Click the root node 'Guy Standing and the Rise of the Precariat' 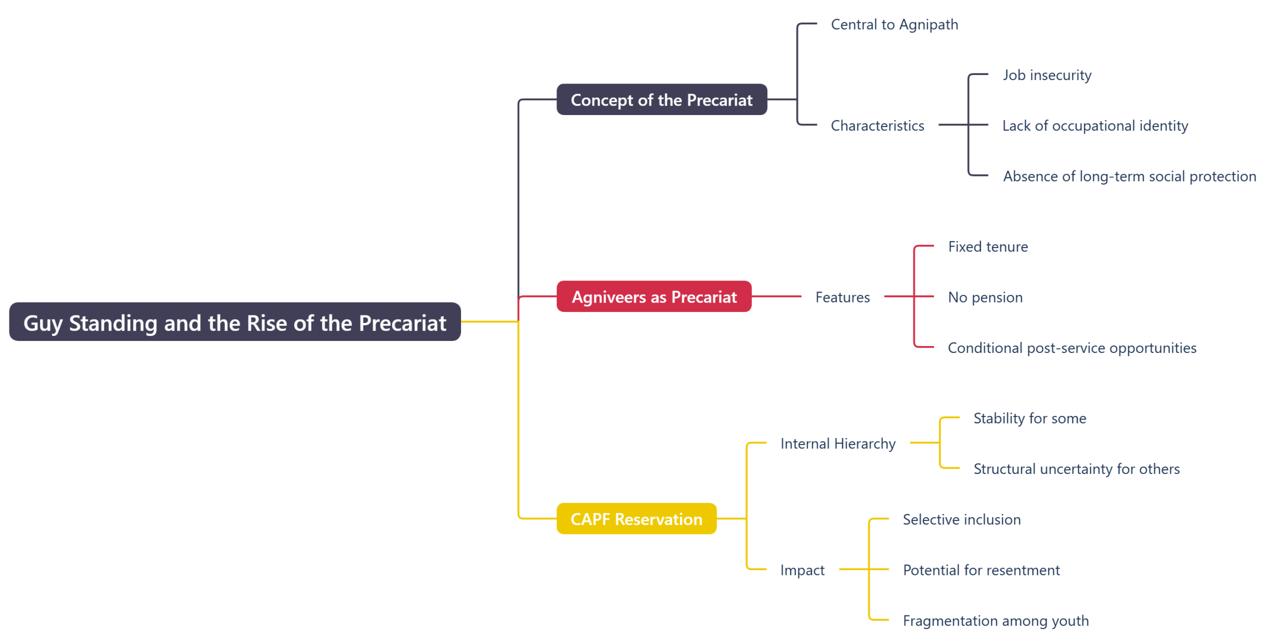[234, 322]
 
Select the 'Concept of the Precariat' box [661, 100]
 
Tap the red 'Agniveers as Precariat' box [653, 297]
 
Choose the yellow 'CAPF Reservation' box [636, 519]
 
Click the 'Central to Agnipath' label [894, 24]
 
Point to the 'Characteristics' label [877, 125]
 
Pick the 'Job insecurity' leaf [1046, 75]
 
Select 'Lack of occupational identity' [1094, 125]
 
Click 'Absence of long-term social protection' [1129, 176]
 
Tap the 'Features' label [842, 297]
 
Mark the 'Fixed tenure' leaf [987, 246]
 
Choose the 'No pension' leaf [985, 297]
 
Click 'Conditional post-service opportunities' [1071, 348]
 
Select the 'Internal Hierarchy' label [837, 443]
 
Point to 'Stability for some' [1029, 418]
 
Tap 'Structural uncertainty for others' [1076, 469]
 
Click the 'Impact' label [802, 570]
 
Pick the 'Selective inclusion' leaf [961, 519]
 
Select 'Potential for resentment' [980, 570]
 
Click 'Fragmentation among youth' [995, 620]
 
